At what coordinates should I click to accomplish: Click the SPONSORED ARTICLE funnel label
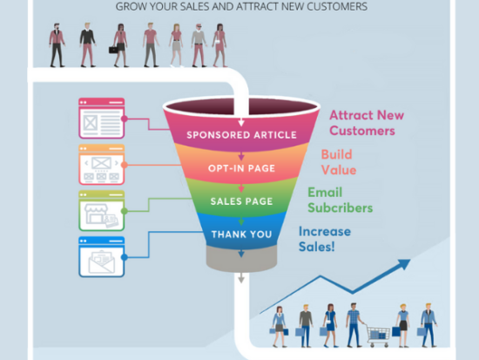tap(241, 135)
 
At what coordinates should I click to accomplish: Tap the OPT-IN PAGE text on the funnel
tap(241, 168)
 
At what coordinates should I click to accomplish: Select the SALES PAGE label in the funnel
tap(241, 201)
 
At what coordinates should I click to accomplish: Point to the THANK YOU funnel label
tap(241, 234)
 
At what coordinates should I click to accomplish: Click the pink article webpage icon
tap(101, 119)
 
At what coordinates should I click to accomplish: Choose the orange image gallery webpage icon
tap(101, 165)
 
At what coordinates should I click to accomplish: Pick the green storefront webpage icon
tap(101, 211)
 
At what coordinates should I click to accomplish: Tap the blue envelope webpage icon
tap(101, 257)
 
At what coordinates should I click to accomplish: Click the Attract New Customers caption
tap(367, 123)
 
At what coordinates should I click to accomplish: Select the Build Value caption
tap(339, 162)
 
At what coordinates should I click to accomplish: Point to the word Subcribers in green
tap(340, 208)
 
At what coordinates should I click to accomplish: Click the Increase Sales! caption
tap(325, 239)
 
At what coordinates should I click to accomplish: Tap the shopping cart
tap(378, 336)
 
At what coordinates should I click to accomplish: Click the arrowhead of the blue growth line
tap(404, 263)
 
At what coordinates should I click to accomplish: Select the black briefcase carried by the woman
tap(113, 50)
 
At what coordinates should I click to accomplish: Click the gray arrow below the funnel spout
tap(241, 278)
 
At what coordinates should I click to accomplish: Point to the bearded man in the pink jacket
tap(57, 45)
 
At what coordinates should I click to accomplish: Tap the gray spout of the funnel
tap(241, 259)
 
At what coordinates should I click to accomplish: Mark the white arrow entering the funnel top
tap(241, 122)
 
